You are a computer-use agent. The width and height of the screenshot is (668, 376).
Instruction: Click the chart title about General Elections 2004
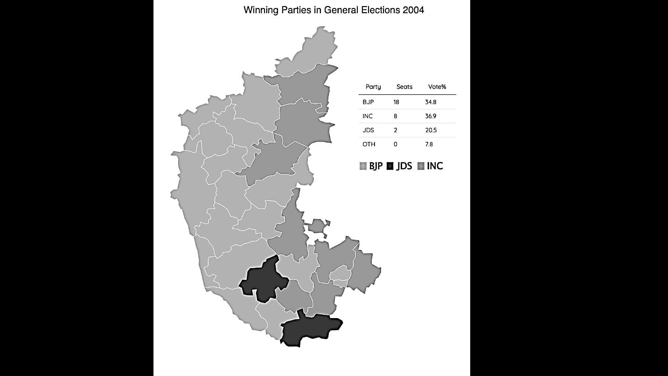tap(334, 10)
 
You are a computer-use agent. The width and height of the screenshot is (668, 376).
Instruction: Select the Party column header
tap(373, 87)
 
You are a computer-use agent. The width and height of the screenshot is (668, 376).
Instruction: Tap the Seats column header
tap(404, 87)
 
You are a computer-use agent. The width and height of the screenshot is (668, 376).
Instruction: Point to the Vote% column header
tap(437, 87)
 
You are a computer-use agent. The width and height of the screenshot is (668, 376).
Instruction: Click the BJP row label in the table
tap(368, 102)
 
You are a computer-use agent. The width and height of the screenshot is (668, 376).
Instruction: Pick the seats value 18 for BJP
tap(396, 102)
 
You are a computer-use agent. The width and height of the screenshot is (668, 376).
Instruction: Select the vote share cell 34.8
tap(431, 102)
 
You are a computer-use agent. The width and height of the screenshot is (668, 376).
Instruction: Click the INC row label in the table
tap(368, 116)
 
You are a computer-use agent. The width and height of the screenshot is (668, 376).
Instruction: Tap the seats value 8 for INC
tap(395, 116)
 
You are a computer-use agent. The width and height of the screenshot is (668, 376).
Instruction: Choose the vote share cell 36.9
tap(431, 116)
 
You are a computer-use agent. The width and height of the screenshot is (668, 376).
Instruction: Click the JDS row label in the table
tap(368, 130)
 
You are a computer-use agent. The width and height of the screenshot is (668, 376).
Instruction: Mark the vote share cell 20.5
tap(431, 130)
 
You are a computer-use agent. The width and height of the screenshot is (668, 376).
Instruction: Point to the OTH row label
tap(369, 144)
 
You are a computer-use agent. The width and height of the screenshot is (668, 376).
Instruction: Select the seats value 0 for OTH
tap(395, 144)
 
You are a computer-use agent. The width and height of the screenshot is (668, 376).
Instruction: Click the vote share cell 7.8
tap(429, 144)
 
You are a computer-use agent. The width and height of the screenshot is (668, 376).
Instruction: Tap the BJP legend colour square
tap(363, 166)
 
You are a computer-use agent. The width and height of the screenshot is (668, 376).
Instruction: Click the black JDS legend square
tap(390, 166)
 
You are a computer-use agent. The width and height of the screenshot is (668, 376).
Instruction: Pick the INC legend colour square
tap(421, 166)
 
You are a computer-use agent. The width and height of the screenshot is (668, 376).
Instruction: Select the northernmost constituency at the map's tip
tap(310, 54)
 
